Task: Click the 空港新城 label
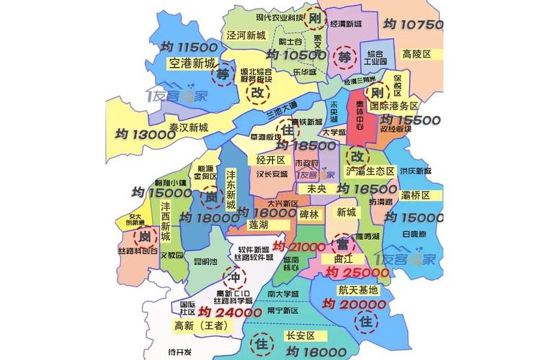[192, 63]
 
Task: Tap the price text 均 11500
[189, 47]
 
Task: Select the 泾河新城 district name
[246, 35]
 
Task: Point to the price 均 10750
[413, 24]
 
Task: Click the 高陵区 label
[416, 54]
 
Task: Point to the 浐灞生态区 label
[370, 171]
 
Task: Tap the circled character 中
[233, 278]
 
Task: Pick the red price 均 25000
[357, 272]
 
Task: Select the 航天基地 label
[358, 290]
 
